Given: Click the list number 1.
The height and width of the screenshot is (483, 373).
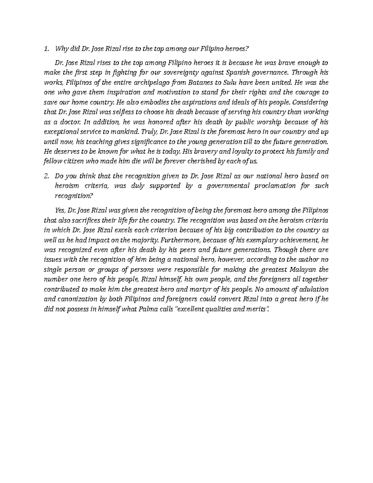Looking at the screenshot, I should tap(47, 49).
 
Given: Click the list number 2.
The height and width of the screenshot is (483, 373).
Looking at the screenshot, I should tap(47, 176).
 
